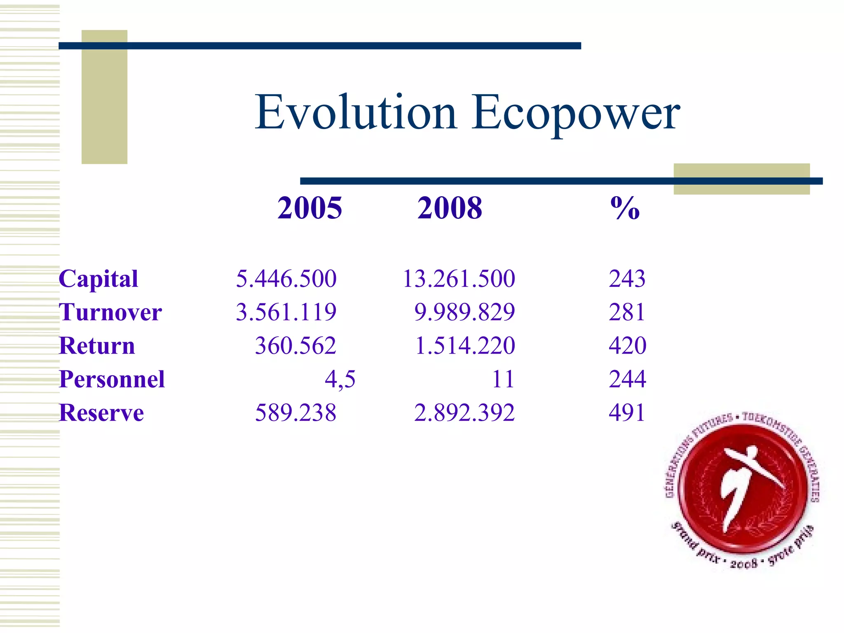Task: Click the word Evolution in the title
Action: click(x=356, y=113)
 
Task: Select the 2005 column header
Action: click(x=309, y=208)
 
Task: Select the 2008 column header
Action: click(x=450, y=208)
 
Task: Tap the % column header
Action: click(x=625, y=208)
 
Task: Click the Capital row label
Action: click(x=98, y=279)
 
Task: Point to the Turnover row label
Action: click(x=110, y=312)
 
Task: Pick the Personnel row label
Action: click(x=112, y=379)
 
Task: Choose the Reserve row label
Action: click(x=101, y=413)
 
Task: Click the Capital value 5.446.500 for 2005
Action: click(x=286, y=279)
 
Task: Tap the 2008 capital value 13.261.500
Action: click(x=459, y=279)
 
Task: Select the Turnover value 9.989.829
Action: click(x=464, y=312)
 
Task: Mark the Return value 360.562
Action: click(x=295, y=346)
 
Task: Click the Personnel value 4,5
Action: click(x=340, y=379)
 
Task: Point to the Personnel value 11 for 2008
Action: click(x=503, y=379)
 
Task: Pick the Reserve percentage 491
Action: click(x=627, y=413)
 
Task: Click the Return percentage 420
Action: click(x=627, y=346)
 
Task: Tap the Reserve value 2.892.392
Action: click(x=464, y=413)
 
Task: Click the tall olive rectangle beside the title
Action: click(x=104, y=97)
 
